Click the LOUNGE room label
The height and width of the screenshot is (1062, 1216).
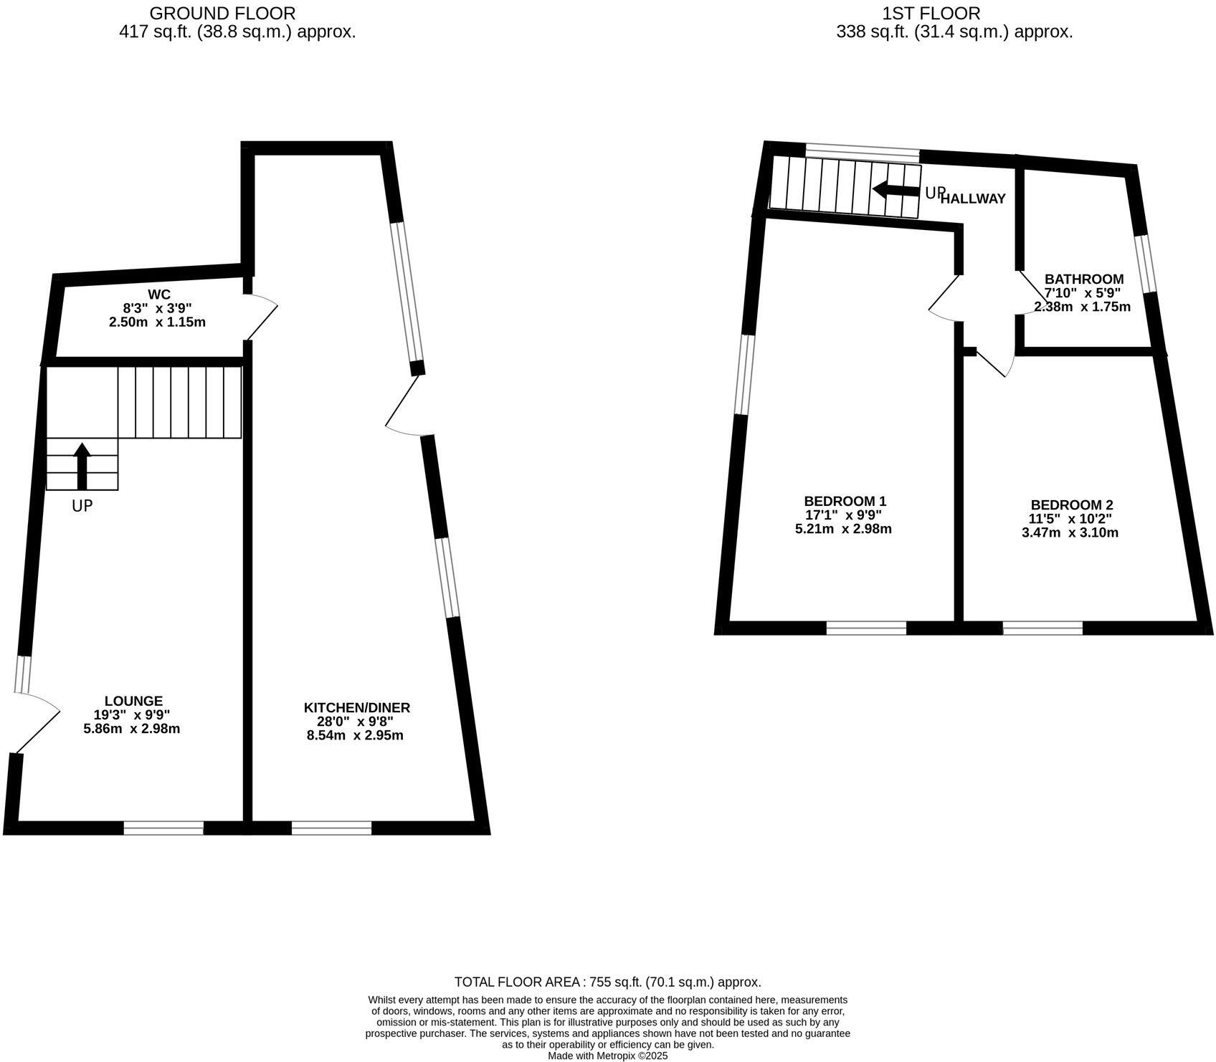133,701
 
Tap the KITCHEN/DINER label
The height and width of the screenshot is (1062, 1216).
356,708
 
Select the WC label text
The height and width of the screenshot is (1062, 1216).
158,295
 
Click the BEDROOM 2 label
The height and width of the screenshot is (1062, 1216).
1071,505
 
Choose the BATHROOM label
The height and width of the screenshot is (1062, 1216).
1083,279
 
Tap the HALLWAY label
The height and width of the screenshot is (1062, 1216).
973,199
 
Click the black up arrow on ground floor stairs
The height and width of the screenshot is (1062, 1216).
82,465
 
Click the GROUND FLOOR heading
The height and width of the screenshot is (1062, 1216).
222,13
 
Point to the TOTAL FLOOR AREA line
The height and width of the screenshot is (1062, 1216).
607,982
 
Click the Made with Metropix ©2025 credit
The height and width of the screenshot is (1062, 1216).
607,1056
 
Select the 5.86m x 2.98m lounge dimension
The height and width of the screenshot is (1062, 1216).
131,729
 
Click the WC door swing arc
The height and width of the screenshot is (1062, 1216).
262,315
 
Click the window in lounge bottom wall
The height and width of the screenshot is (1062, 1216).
163,828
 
